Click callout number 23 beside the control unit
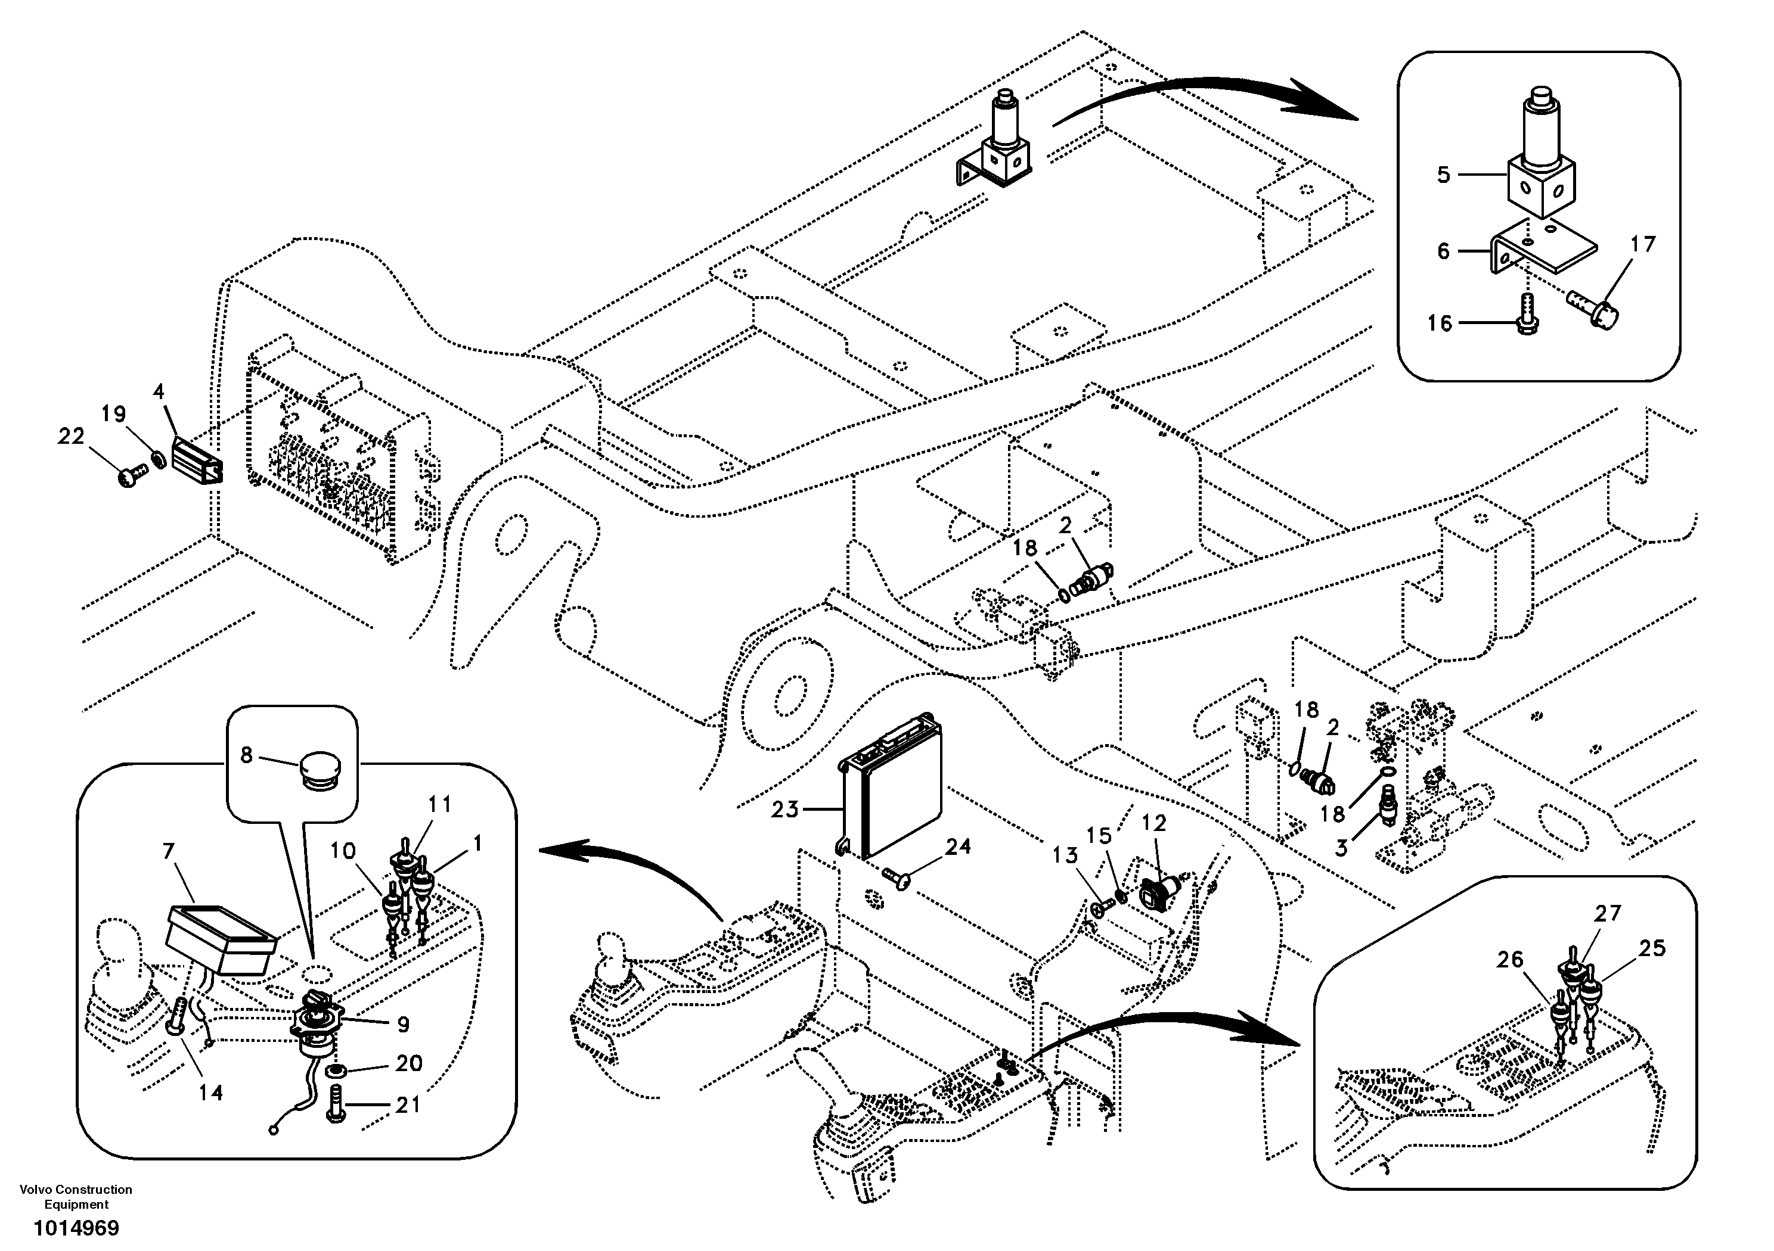[784, 810]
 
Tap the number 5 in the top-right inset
[1443, 175]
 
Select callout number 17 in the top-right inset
[1643, 244]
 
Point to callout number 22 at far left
[71, 437]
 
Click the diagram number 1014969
[76, 1228]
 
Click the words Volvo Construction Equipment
[76, 1196]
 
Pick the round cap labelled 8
[318, 771]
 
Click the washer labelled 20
[336, 1071]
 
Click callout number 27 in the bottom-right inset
[1608, 914]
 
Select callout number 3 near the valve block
[1341, 848]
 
